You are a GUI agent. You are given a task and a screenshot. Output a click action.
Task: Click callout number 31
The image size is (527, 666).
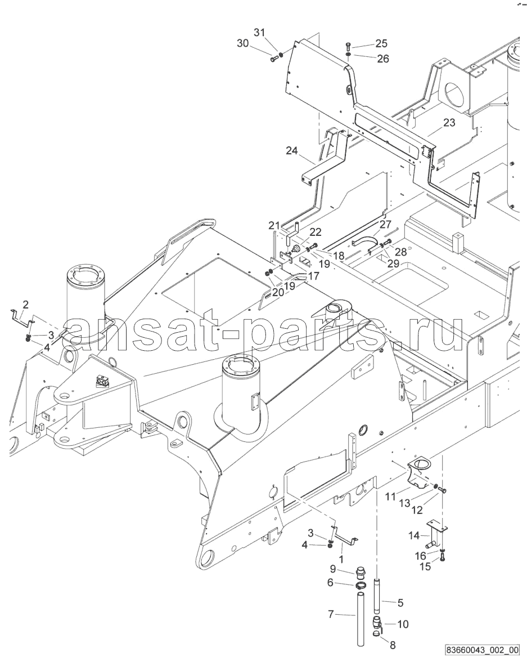pos(259,32)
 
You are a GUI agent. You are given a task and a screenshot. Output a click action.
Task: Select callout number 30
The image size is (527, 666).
pos(243,43)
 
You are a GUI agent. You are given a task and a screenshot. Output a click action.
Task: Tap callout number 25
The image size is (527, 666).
pos(381,43)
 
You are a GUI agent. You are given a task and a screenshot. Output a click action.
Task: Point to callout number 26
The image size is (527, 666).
pos(382,59)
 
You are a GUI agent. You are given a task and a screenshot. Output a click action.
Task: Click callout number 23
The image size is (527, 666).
pos(449,123)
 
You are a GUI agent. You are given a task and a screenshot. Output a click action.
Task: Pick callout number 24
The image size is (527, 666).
pos(291,150)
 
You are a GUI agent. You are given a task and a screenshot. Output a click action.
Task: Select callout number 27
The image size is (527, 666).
pos(385,225)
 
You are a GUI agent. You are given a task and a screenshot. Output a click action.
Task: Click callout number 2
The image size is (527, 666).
pos(25,304)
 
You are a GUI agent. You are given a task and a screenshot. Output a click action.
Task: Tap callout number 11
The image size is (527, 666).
pos(390,495)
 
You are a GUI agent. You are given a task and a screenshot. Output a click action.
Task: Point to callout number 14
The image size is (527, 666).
pos(414,535)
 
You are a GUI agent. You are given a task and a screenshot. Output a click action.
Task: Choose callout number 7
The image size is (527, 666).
pos(331,613)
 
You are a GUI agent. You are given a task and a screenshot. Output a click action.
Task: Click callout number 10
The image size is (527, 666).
pos(403,624)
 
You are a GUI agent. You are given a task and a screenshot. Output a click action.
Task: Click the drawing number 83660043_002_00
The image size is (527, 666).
pos(482,650)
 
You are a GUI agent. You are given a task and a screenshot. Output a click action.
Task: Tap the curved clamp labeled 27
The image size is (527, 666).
pos(364,243)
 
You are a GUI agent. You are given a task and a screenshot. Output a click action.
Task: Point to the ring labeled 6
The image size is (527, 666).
pos(361,585)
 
